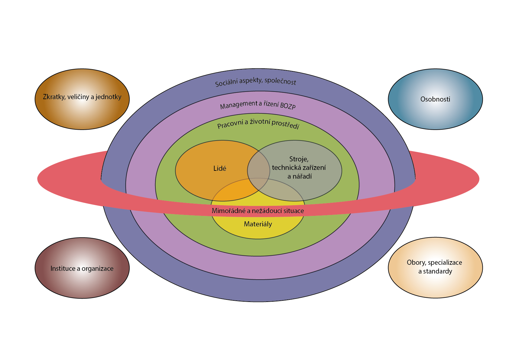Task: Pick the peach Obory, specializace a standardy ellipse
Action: coord(435,284)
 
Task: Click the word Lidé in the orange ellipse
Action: coord(220,169)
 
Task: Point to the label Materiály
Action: coord(258,224)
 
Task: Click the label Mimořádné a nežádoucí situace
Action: coord(258,211)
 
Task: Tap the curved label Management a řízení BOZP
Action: coord(258,105)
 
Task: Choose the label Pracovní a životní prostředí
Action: coord(258,124)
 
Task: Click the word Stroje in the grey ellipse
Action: coord(299,159)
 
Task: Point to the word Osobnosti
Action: coord(435,99)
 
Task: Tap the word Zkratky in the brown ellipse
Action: coord(53,97)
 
